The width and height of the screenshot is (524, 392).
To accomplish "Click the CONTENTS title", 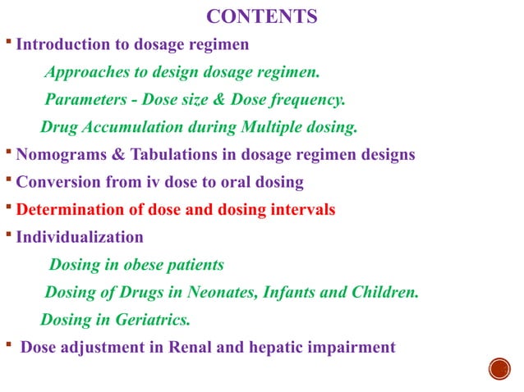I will click(261, 16).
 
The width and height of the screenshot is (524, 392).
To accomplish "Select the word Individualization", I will click(80, 238).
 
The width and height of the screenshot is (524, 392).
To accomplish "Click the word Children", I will click(385, 293).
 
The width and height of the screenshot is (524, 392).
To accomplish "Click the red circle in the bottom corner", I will click(499, 368).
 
